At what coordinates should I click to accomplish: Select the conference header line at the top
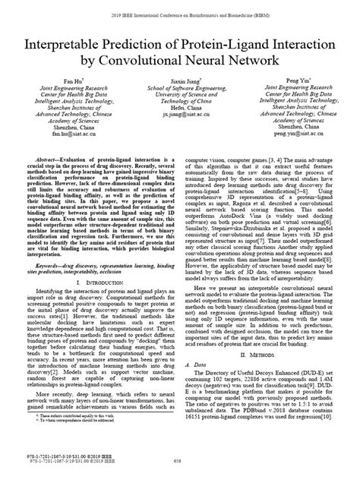click(179, 14)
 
